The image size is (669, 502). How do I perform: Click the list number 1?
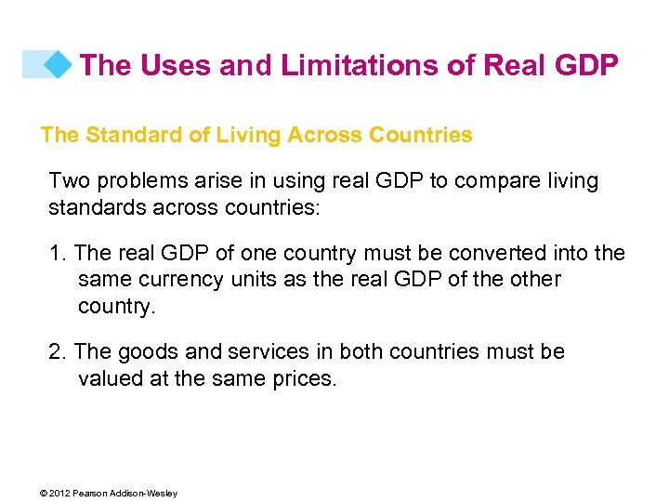point(56,253)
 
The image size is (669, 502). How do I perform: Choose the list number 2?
point(56,352)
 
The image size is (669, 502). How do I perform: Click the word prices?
point(302,379)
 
